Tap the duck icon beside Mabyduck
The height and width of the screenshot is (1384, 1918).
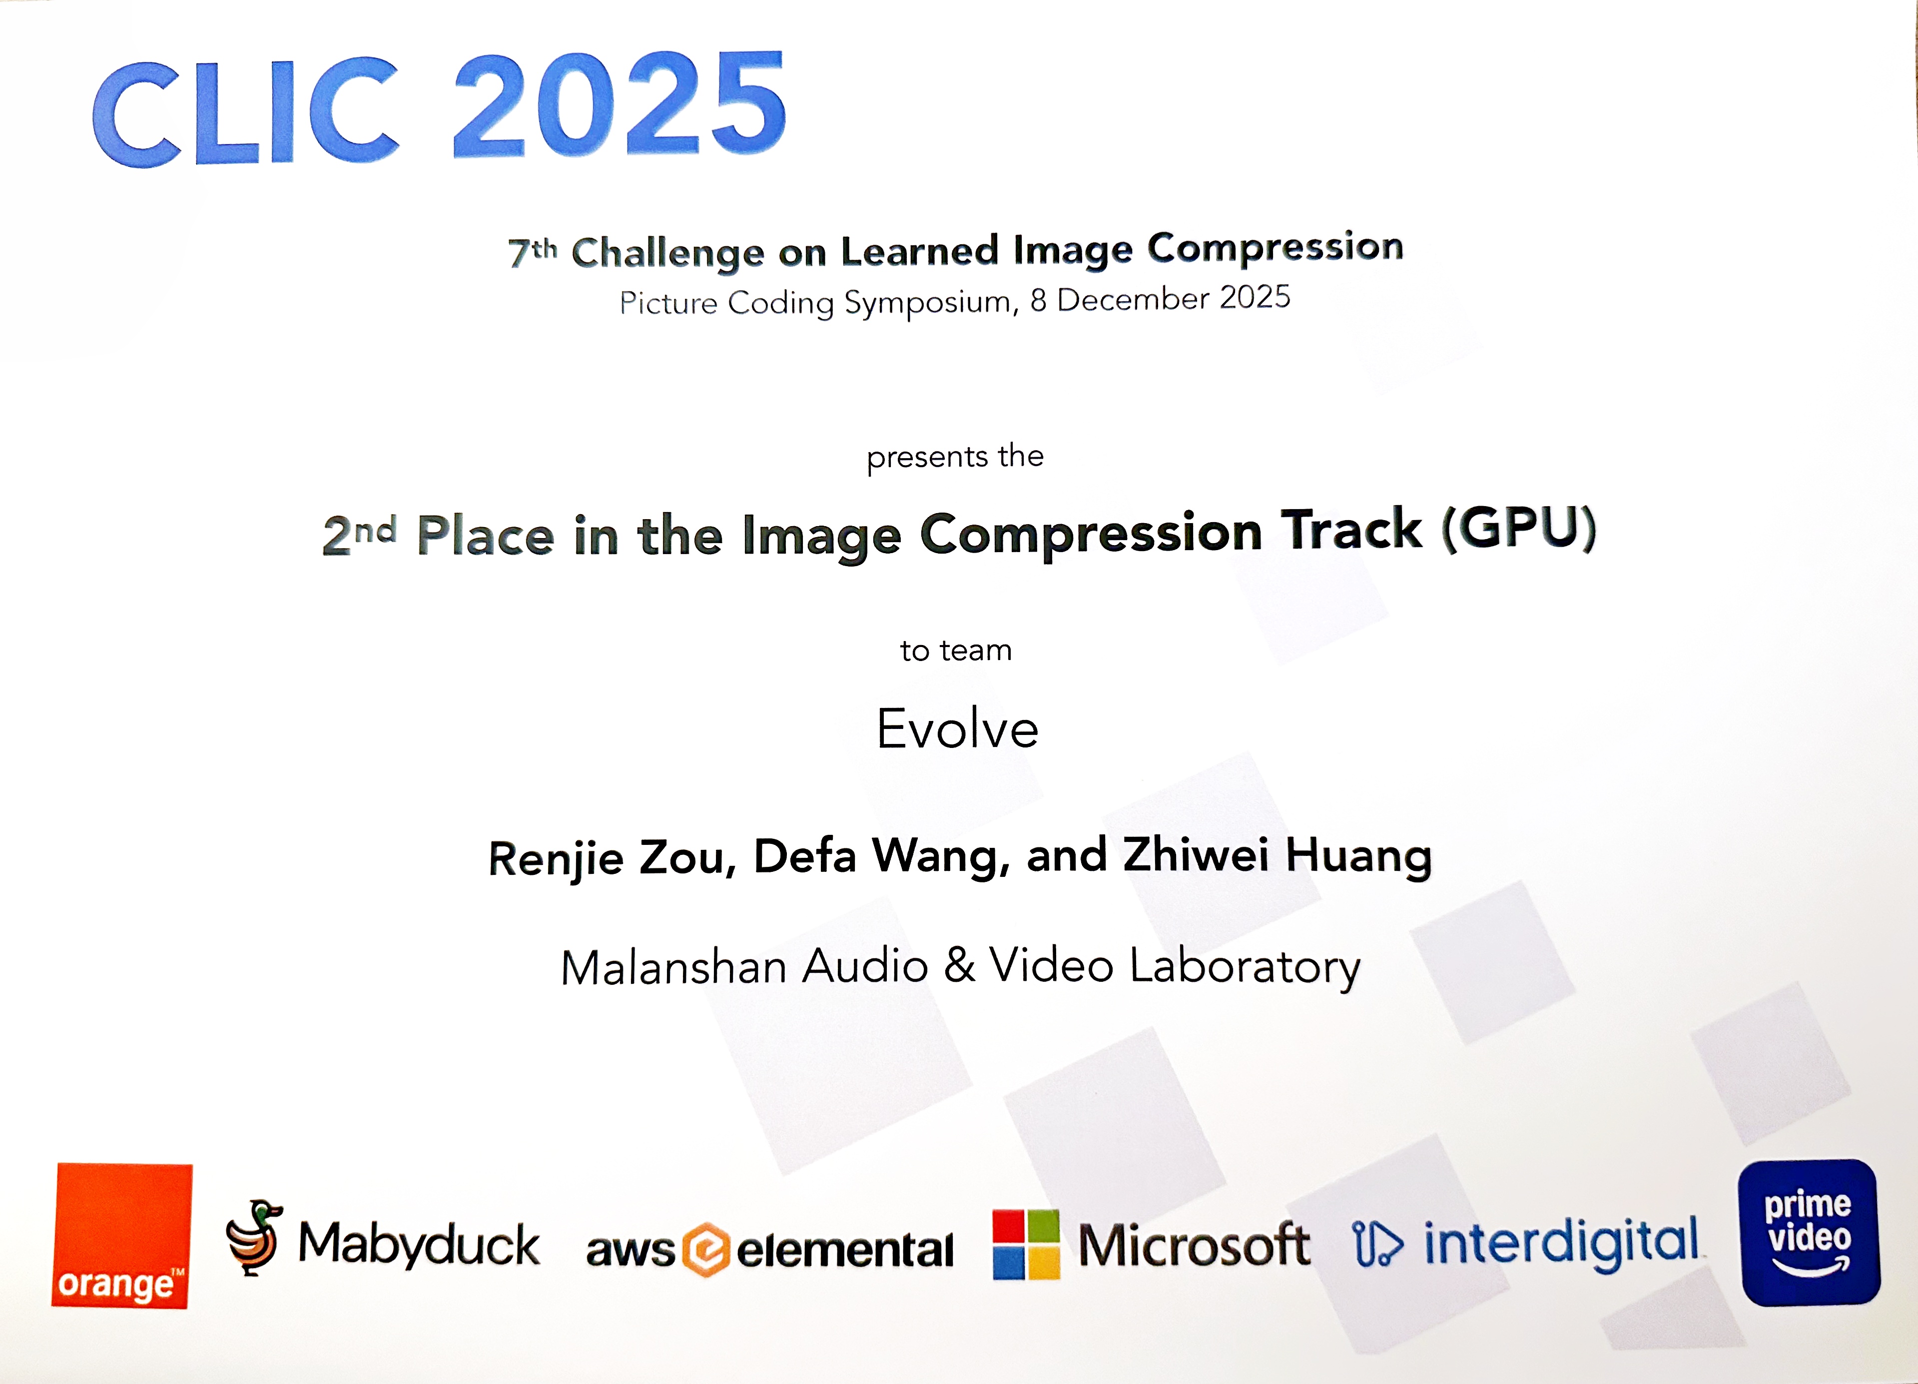click(254, 1237)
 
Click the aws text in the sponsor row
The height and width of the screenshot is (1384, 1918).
click(630, 1250)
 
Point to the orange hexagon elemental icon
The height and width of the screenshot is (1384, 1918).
click(705, 1250)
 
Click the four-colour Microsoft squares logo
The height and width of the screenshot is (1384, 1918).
click(1026, 1245)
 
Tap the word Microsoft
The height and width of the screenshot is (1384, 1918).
click(1194, 1245)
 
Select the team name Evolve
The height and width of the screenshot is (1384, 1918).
click(957, 728)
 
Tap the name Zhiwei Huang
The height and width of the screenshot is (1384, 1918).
click(1277, 854)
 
